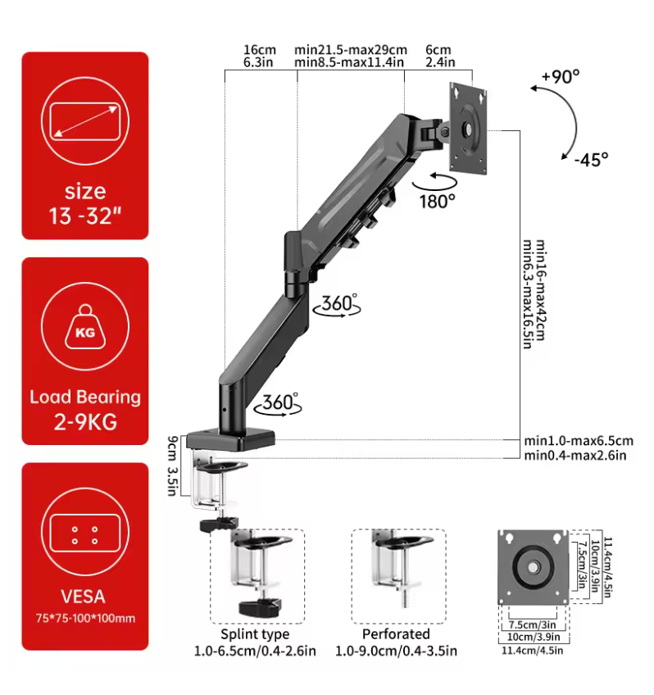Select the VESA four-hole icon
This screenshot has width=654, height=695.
pyautogui.click(x=84, y=535)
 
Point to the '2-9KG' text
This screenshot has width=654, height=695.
pyautogui.click(x=85, y=422)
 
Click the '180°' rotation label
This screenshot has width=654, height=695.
pyautogui.click(x=436, y=199)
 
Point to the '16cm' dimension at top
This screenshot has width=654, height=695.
pyautogui.click(x=259, y=49)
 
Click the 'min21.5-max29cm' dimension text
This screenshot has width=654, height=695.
pyautogui.click(x=351, y=49)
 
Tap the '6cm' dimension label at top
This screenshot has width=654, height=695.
pyautogui.click(x=437, y=49)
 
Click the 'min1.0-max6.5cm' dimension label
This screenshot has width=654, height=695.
pyautogui.click(x=579, y=440)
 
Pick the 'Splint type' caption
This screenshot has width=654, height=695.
pyautogui.click(x=255, y=634)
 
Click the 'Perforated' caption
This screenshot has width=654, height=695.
pyautogui.click(x=396, y=634)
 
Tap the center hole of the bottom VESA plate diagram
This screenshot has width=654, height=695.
pyautogui.click(x=534, y=566)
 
